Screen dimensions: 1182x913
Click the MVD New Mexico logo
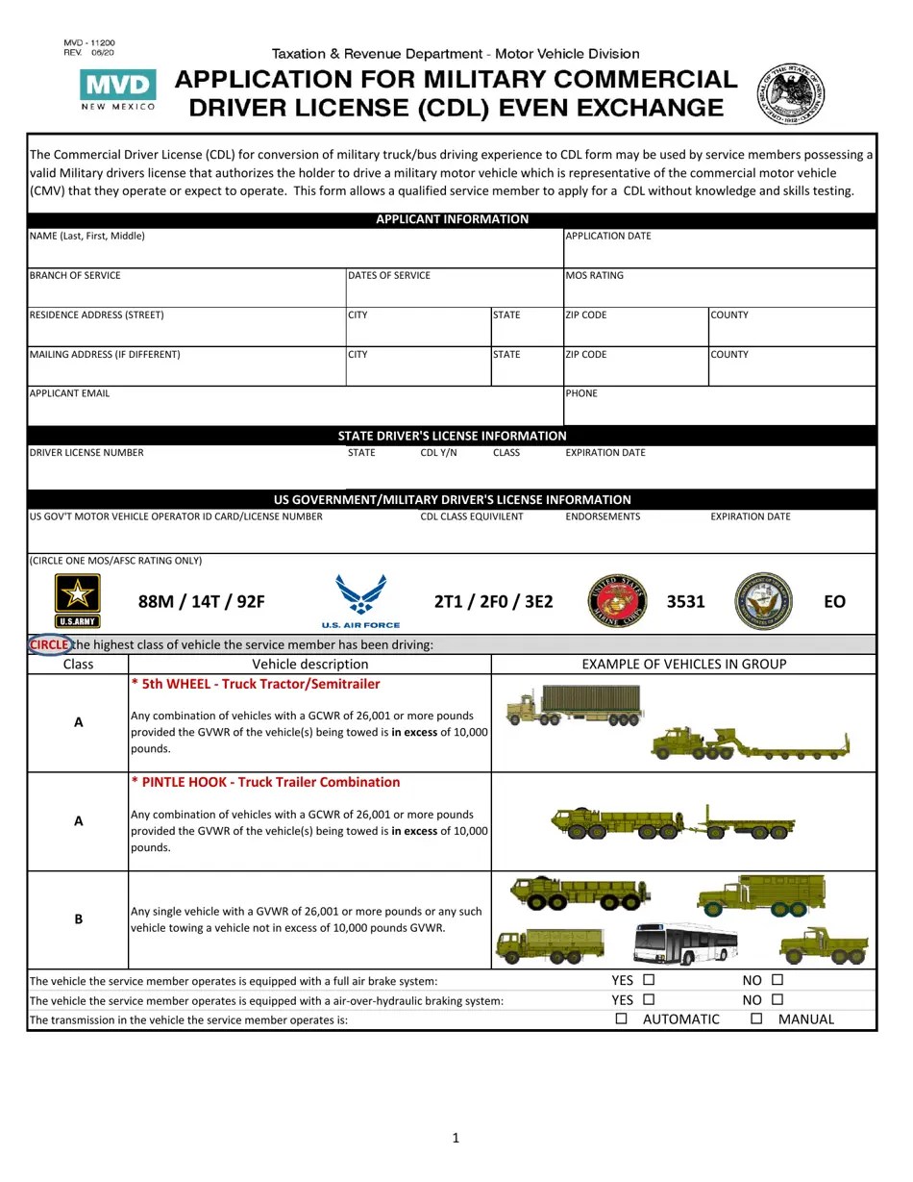click(117, 89)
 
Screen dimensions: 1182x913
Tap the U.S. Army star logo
click(77, 600)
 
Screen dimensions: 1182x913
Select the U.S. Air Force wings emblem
click(361, 600)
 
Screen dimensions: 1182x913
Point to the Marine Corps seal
click(617, 601)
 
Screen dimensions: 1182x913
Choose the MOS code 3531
click(686, 602)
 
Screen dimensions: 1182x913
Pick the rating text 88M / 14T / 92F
click(201, 602)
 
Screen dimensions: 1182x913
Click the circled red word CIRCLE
click(49, 644)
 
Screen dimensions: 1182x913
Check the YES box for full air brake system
click(649, 980)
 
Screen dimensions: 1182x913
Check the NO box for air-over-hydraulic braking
click(777, 1000)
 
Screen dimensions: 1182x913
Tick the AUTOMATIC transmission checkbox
click(621, 1019)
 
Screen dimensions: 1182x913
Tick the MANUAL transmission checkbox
click(756, 1019)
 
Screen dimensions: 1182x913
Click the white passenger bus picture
click(685, 943)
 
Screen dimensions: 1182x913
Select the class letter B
click(79, 919)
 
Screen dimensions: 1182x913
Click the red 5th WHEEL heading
click(256, 685)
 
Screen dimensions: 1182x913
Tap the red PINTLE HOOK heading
click(265, 783)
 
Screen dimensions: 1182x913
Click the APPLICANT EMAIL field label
click(69, 393)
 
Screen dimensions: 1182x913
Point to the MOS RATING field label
click(594, 276)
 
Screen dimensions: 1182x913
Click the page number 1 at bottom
click(456, 1139)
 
